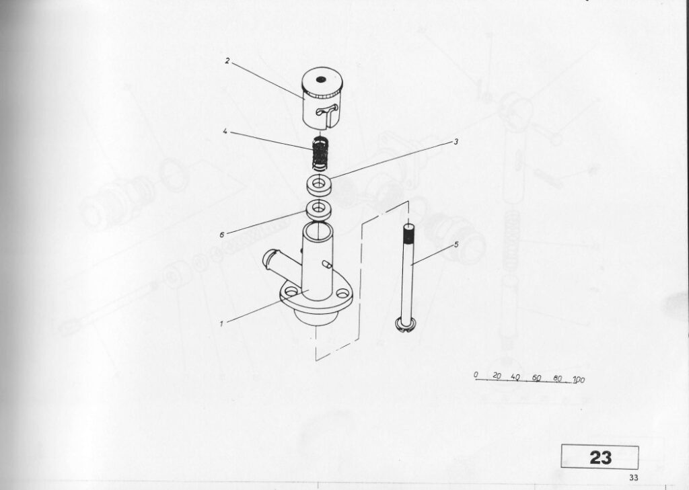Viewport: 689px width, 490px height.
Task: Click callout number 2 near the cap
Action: coord(227,61)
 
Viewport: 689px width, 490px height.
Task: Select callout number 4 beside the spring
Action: coord(225,131)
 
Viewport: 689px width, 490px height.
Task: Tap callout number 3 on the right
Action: coord(456,142)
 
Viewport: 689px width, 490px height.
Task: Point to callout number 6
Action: coord(222,235)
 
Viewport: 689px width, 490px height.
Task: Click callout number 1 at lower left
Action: coord(222,324)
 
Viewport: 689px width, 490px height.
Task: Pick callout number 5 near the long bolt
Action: coord(456,244)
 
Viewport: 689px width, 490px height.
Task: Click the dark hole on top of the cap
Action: coord(321,79)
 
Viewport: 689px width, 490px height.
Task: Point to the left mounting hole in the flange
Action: coord(291,291)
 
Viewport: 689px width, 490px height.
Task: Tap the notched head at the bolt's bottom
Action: coord(405,325)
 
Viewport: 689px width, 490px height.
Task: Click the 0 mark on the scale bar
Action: coord(476,374)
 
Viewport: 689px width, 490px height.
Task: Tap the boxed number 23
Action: coord(600,457)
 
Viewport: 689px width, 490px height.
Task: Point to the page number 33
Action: coord(633,478)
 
